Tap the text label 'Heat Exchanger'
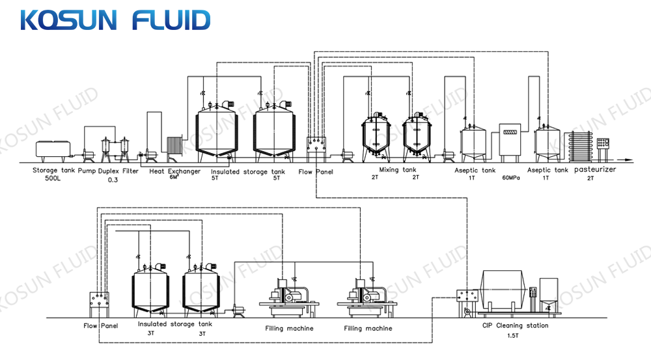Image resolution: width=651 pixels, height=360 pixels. coord(174,171)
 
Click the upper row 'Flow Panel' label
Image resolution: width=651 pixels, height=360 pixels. coord(315,172)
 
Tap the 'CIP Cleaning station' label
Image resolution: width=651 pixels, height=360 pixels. coord(515,325)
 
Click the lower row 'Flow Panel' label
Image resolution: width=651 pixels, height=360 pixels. coord(100,325)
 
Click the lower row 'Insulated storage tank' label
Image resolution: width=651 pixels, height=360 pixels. coord(175,324)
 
